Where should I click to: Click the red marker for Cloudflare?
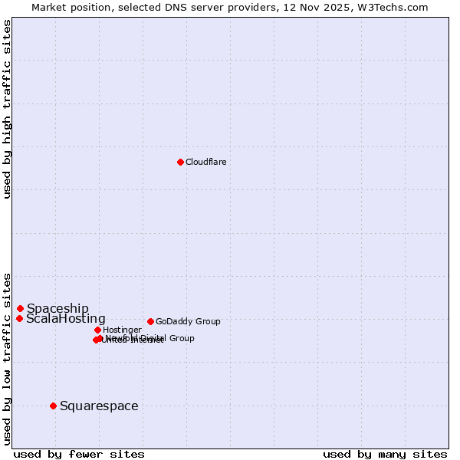point(180,162)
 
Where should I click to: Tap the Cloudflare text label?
point(206,162)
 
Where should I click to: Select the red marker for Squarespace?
point(53,406)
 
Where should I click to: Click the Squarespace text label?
point(99,406)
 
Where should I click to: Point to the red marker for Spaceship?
point(20,308)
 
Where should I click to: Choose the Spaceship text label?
point(58,308)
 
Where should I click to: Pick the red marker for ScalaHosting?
point(19,318)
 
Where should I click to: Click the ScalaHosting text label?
point(66,318)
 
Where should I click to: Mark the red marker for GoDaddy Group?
point(150,321)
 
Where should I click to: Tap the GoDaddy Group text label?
point(188,321)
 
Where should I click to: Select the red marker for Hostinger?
point(97,330)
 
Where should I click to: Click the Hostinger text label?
point(122,330)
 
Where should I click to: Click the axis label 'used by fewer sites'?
point(79,454)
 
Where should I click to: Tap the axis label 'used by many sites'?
point(385,454)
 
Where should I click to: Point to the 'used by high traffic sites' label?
point(7,109)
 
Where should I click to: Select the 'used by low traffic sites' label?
point(7,358)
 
